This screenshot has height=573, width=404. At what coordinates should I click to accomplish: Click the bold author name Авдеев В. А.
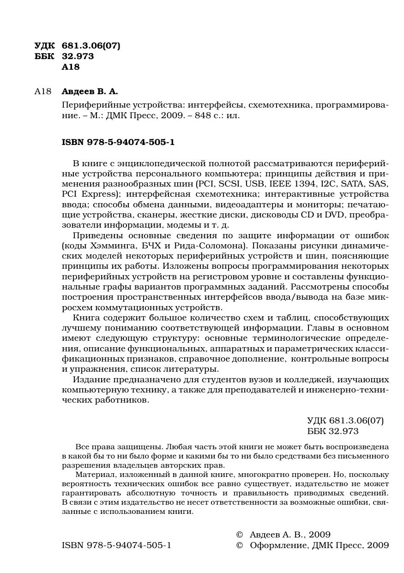pyautogui.click(x=90, y=91)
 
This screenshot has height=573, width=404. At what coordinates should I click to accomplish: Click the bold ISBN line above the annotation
pyautogui.click(x=118, y=142)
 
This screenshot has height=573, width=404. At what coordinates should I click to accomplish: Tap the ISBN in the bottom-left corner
pyautogui.click(x=116, y=545)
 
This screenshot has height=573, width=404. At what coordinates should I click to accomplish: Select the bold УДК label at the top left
pyautogui.click(x=44, y=45)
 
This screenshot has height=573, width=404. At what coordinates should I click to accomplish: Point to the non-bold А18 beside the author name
pyautogui.click(x=42, y=91)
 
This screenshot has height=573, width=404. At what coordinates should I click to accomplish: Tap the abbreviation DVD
pyautogui.click(x=335, y=215)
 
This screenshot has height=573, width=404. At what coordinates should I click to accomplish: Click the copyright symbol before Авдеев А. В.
pyautogui.click(x=239, y=535)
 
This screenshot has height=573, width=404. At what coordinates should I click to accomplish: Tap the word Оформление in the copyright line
pyautogui.click(x=277, y=545)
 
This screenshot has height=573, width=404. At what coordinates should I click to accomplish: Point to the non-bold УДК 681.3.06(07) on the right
pyautogui.click(x=345, y=420)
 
